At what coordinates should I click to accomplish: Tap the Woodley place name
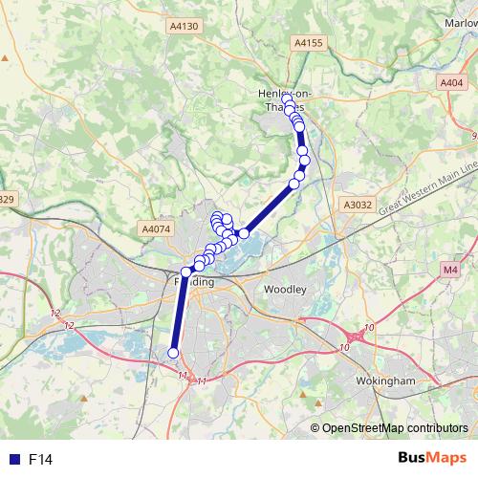285,288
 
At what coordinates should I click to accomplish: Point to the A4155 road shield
309,42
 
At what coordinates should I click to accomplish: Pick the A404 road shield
452,83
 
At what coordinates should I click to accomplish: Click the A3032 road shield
357,204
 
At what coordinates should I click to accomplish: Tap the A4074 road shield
156,228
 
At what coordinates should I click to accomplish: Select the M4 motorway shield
450,271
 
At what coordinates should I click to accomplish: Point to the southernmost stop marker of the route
173,353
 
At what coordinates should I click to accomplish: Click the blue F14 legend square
11,460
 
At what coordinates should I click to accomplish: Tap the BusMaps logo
431,459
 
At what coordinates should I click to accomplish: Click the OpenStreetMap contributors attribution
395,427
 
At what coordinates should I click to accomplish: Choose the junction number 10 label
343,347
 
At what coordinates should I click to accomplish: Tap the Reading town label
193,283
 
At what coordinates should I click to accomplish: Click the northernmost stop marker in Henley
287,98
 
